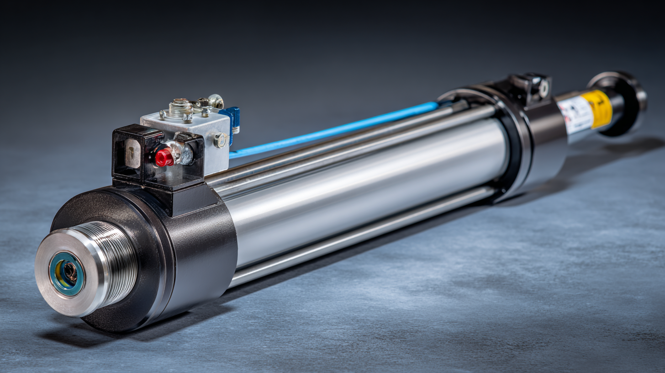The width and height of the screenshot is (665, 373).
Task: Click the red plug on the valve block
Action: pos(164,158)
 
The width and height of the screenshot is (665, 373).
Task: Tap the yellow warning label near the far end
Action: pos(597,109)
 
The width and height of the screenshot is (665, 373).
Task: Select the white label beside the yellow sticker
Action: pos(575,115)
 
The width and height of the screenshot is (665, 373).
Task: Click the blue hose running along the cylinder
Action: pos(333,130)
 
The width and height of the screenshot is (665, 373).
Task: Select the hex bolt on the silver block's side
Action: pos(221,140)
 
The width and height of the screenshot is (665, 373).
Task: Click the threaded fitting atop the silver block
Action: pos(181,108)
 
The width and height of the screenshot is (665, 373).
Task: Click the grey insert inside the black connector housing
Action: pos(132,153)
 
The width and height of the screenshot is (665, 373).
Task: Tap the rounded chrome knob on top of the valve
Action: pos(216,101)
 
